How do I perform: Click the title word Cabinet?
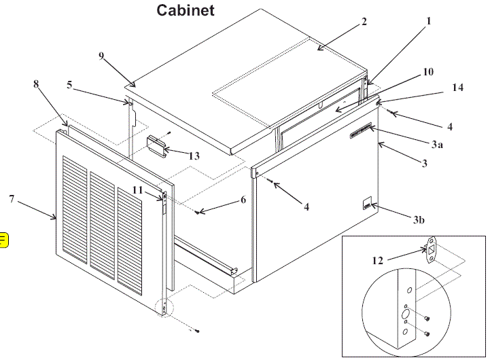tap(186, 10)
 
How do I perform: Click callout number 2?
tap(364, 22)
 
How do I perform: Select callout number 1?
tap(429, 21)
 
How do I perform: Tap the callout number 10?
tap(428, 71)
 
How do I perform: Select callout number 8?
tap(36, 84)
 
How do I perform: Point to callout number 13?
tap(194, 156)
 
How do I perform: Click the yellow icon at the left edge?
tap(3, 238)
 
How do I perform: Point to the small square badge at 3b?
tap(366, 202)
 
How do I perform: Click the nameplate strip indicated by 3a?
tap(360, 131)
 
